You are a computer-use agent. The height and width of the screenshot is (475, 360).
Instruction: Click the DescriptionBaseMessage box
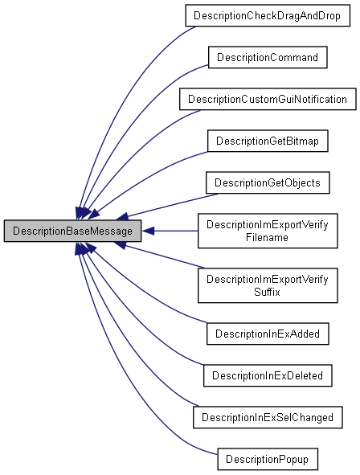[x=73, y=231]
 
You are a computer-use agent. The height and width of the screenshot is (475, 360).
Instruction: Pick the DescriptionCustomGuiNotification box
[x=268, y=100]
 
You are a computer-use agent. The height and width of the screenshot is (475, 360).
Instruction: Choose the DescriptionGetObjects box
[x=268, y=183]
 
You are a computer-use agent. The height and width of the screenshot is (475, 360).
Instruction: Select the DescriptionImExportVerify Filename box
[x=268, y=231]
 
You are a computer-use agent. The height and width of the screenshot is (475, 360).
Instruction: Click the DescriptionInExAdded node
[x=268, y=332]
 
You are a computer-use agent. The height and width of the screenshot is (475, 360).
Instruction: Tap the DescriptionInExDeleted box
[x=268, y=375]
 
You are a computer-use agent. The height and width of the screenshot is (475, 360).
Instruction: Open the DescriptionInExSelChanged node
[x=268, y=418]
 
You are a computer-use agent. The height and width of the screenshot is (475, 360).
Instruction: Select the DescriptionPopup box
[x=268, y=460]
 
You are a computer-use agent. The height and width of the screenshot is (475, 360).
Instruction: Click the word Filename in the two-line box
[x=268, y=238]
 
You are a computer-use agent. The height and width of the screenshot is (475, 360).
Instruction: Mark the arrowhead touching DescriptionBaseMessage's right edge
[x=149, y=231]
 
